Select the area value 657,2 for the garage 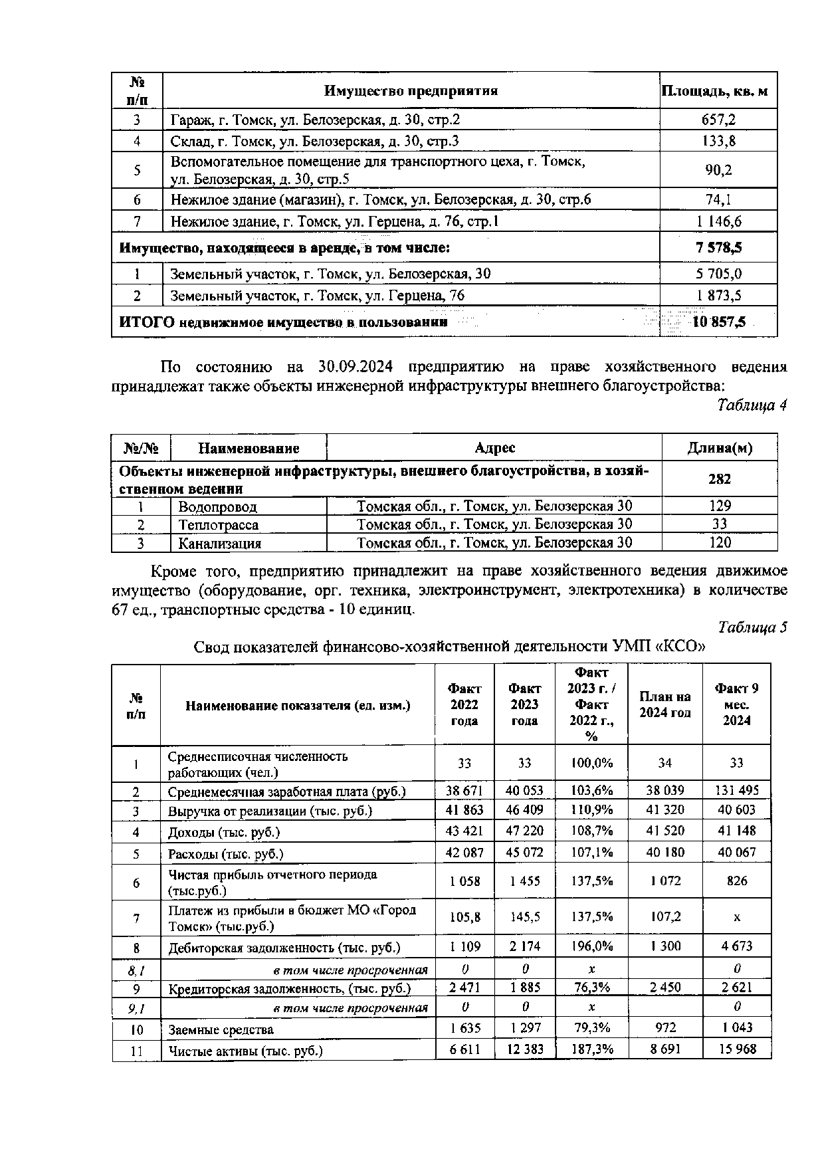pyautogui.click(x=718, y=120)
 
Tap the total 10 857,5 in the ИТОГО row pyautogui.click(x=718, y=322)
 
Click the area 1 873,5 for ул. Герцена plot pyautogui.click(x=718, y=296)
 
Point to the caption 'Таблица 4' pyautogui.click(x=752, y=406)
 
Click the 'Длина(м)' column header pyautogui.click(x=719, y=448)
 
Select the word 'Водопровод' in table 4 pyautogui.click(x=217, y=506)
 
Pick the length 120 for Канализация pyautogui.click(x=720, y=542)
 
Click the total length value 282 pyautogui.click(x=720, y=479)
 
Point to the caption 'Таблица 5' pyautogui.click(x=752, y=627)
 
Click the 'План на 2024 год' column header pyautogui.click(x=664, y=704)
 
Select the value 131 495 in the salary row pyautogui.click(x=736, y=790)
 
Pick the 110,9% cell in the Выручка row pyautogui.click(x=591, y=810)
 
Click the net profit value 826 pyautogui.click(x=736, y=881)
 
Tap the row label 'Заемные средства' pyautogui.click(x=221, y=1029)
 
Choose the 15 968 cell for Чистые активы pyautogui.click(x=736, y=1049)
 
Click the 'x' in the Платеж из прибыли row pyautogui.click(x=736, y=918)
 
